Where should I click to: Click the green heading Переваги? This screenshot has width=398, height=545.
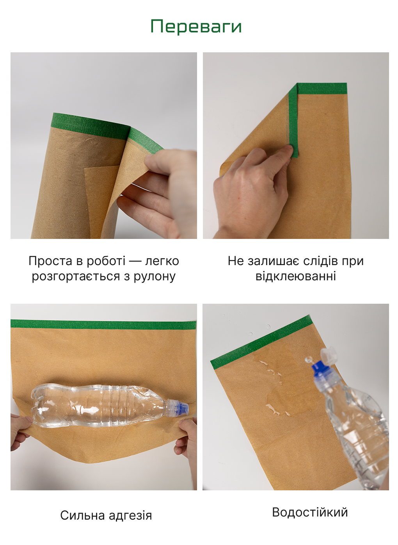(196, 27)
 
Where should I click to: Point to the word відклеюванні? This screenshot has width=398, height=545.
(296, 276)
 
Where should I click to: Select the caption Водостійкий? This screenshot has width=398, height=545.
(310, 512)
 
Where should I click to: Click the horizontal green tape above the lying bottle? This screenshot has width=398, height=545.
(103, 324)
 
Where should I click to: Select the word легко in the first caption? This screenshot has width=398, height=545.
(162, 262)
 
